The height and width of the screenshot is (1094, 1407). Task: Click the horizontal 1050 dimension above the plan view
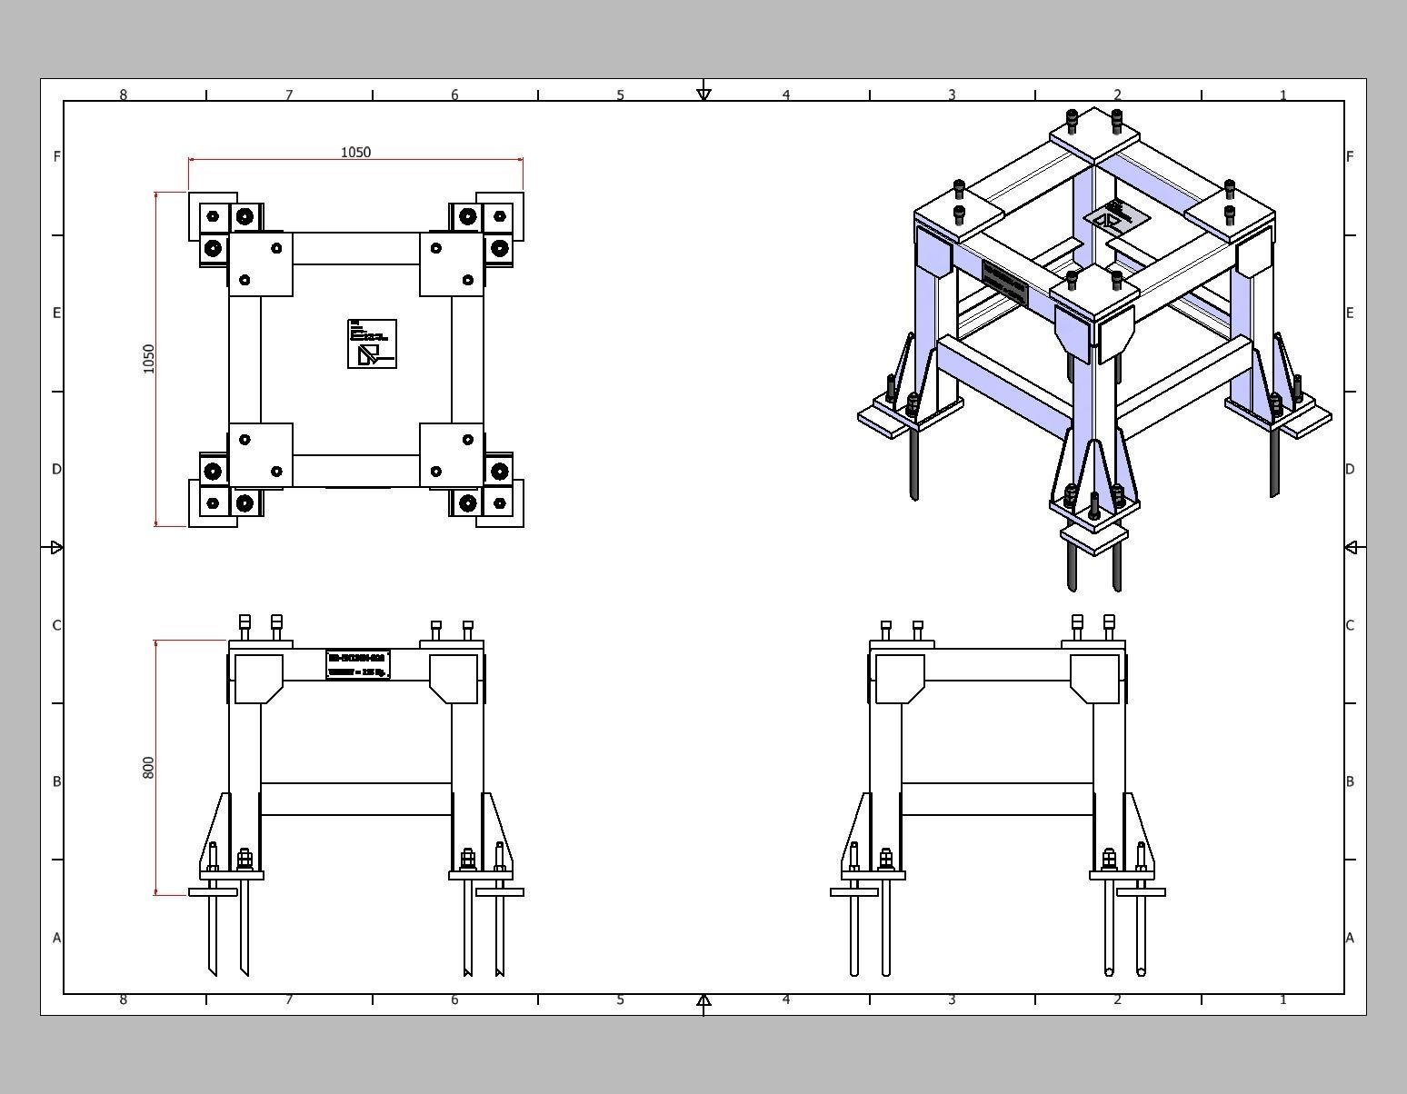(x=355, y=153)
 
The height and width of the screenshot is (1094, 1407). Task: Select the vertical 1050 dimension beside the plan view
(x=149, y=358)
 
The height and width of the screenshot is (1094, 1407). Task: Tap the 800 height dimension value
(x=149, y=767)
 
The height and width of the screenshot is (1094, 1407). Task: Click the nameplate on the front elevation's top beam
(x=358, y=664)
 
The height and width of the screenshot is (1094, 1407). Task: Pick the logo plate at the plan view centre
(x=372, y=343)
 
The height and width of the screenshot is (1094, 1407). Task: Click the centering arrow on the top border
(x=703, y=94)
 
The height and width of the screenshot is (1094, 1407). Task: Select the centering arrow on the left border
(x=56, y=547)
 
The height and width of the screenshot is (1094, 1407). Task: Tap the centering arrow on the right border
(x=1351, y=547)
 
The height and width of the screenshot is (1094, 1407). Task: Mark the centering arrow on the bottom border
(x=703, y=1000)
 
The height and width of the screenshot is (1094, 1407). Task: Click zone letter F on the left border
(x=56, y=156)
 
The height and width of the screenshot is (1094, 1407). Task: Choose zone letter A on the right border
(x=1350, y=938)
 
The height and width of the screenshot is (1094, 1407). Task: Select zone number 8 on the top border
(x=124, y=94)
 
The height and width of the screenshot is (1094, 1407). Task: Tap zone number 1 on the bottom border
(x=1283, y=1000)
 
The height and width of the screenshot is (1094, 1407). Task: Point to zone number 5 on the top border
(x=621, y=94)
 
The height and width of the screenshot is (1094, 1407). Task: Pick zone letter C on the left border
(x=56, y=625)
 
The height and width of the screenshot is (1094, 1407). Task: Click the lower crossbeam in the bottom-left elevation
(x=355, y=799)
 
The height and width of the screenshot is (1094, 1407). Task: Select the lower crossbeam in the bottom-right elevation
(x=997, y=799)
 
